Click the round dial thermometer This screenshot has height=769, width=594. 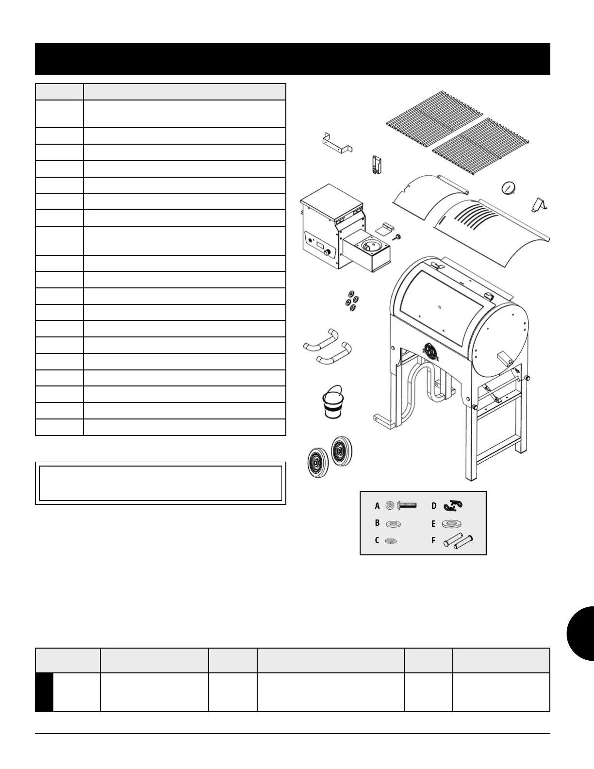[x=508, y=188]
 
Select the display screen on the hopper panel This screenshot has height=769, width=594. [x=320, y=247]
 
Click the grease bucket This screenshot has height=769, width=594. [x=333, y=404]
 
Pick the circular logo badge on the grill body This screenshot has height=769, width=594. [x=431, y=351]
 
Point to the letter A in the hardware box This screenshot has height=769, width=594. [x=377, y=506]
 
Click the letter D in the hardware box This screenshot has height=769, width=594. [x=434, y=506]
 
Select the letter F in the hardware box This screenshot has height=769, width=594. [x=433, y=540]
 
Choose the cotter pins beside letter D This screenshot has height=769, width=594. [x=453, y=506]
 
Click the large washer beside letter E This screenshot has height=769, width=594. [x=452, y=524]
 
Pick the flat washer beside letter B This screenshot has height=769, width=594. [x=393, y=524]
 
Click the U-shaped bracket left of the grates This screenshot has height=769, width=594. [x=337, y=144]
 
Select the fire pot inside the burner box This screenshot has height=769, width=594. [x=371, y=246]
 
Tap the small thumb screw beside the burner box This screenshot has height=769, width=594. [x=398, y=237]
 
